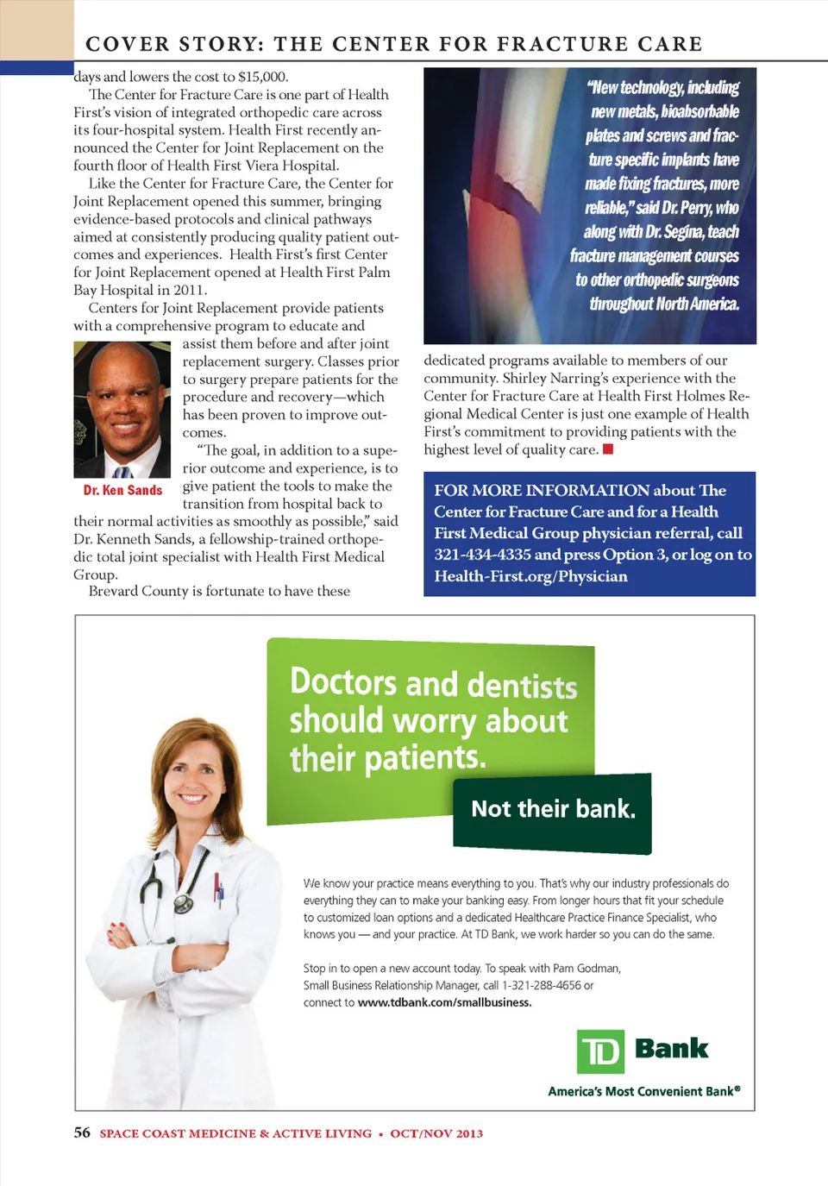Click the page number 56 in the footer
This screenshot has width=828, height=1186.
pyautogui.click(x=82, y=1133)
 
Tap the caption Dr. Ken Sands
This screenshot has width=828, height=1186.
pyautogui.click(x=122, y=490)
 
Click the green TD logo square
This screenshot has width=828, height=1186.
pyautogui.click(x=600, y=1051)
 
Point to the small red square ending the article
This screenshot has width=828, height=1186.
pyautogui.click(x=608, y=449)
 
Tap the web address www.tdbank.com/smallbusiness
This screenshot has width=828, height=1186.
pyautogui.click(x=444, y=1002)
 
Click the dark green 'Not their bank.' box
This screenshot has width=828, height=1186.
pyautogui.click(x=552, y=811)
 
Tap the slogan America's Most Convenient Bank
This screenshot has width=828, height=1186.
pyautogui.click(x=643, y=1091)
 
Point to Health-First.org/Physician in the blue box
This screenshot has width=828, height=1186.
pyautogui.click(x=530, y=576)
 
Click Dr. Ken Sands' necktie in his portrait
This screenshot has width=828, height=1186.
pyautogui.click(x=122, y=471)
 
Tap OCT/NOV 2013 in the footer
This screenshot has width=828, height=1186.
pyautogui.click(x=436, y=1133)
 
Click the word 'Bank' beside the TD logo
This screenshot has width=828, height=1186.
pyautogui.click(x=671, y=1049)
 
